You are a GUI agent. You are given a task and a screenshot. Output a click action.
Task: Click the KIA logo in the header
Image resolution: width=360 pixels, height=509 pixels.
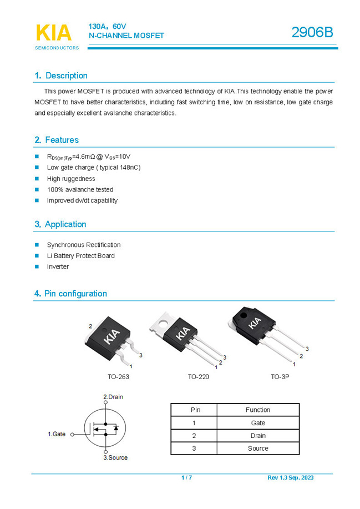point(54,33)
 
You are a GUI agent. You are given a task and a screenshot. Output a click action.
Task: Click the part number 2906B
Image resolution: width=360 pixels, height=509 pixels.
point(312,33)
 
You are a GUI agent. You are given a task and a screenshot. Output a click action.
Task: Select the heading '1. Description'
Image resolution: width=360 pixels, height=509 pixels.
point(61,75)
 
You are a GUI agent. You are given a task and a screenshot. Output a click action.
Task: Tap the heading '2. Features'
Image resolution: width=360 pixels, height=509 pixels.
point(57,140)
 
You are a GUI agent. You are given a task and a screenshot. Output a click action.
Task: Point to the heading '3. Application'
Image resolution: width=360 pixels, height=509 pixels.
point(60,224)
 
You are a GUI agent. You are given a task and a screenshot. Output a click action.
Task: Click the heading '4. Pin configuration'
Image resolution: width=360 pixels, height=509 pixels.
point(70,294)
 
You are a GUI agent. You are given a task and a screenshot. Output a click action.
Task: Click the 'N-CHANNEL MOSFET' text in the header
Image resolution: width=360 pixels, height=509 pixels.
point(126,36)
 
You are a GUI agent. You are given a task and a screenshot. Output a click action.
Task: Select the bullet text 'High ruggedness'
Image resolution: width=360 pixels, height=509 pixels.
point(71,179)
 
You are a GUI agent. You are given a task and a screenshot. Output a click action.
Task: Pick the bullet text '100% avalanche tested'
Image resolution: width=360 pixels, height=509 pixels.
point(80,190)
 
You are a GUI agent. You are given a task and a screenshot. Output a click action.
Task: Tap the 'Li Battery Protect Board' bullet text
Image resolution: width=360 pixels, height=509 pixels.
point(81,256)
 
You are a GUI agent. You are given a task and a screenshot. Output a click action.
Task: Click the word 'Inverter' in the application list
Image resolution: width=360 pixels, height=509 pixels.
point(58,267)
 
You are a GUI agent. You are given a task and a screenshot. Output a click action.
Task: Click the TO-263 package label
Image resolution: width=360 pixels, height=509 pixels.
point(118,377)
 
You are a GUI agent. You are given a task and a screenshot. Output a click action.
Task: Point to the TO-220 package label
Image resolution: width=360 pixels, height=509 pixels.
point(198,377)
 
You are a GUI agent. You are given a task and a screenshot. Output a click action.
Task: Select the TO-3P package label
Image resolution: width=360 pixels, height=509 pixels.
point(280,377)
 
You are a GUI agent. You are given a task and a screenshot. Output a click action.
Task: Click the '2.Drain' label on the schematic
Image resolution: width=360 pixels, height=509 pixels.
point(113,397)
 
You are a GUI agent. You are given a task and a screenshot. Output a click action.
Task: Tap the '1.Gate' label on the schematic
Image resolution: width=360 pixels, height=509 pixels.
point(57,434)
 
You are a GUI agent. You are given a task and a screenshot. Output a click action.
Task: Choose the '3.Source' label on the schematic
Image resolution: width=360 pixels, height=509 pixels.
point(115,457)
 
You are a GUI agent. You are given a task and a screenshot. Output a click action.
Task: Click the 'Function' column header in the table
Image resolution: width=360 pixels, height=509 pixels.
point(257,410)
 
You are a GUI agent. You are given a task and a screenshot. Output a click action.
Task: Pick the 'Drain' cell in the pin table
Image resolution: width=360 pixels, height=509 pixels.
point(257,436)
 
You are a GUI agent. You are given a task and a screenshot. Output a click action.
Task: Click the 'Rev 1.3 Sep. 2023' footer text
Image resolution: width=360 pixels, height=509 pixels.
point(290,478)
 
